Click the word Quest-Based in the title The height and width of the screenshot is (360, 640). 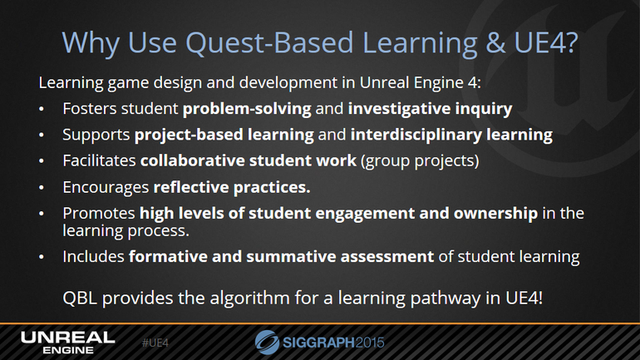(x=269, y=42)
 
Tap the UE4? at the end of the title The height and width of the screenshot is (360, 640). (x=546, y=42)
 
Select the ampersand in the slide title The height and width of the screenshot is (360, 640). (x=495, y=42)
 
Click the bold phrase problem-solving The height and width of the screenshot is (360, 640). (x=247, y=109)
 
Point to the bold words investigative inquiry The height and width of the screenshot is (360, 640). (x=430, y=109)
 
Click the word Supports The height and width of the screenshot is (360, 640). (x=96, y=135)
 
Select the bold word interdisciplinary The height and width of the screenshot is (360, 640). (x=416, y=135)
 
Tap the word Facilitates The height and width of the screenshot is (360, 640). (x=99, y=160)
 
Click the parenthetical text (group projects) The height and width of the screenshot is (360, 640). (x=420, y=161)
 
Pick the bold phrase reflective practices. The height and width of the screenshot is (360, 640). (x=232, y=187)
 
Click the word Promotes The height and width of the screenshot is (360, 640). (x=99, y=214)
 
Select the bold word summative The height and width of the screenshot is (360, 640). (x=291, y=257)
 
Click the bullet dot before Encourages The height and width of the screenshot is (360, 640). (x=42, y=188)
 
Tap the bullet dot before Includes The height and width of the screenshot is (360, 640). (x=42, y=257)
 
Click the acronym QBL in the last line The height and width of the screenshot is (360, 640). (x=80, y=298)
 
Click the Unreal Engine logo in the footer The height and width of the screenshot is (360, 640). (x=68, y=343)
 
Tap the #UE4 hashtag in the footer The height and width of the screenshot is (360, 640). (x=155, y=343)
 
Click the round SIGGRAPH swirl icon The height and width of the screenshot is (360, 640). (x=267, y=342)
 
